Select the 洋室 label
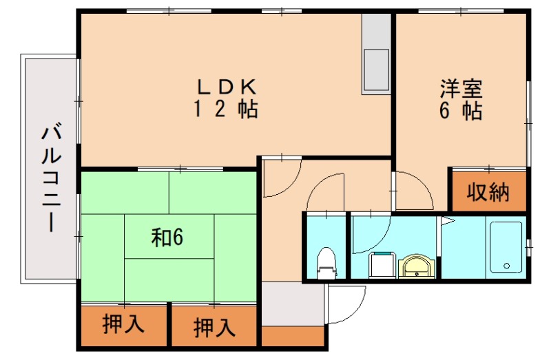click(461, 89)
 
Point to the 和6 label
click(167, 237)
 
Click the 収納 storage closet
click(488, 192)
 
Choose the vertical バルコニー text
click(50, 178)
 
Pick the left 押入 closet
click(123, 325)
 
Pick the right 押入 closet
click(214, 326)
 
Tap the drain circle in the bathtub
click(507, 266)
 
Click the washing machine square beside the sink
click(382, 264)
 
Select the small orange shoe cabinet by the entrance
click(293, 336)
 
